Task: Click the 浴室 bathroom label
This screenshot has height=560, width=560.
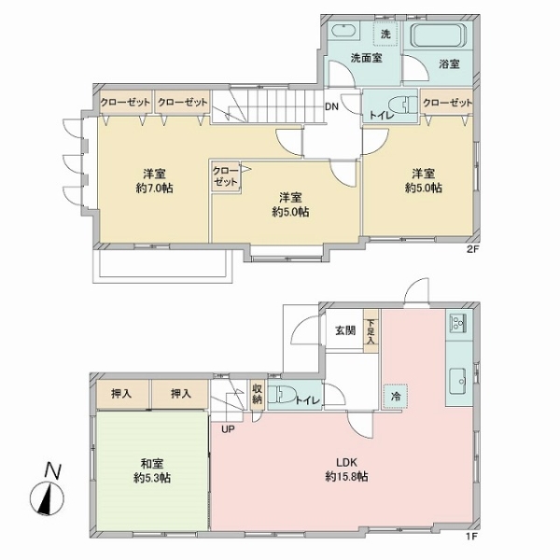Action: (449, 64)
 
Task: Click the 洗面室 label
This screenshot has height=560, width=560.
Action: (367, 58)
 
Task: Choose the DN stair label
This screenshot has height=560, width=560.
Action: (331, 105)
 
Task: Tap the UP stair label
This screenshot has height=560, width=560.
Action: (229, 429)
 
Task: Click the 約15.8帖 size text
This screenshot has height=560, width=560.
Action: (345, 477)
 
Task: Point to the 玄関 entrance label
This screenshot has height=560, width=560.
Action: (344, 330)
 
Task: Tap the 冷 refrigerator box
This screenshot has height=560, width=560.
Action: (396, 395)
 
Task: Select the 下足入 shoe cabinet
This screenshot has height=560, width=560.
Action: (371, 331)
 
